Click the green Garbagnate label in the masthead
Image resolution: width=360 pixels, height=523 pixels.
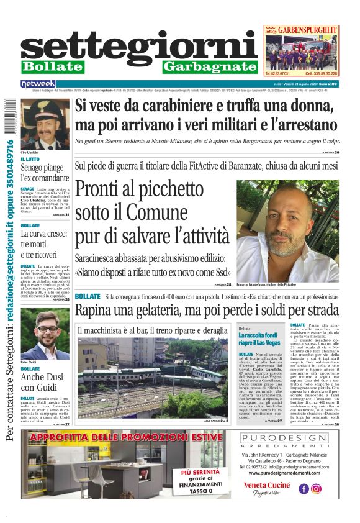click(x=210, y=66)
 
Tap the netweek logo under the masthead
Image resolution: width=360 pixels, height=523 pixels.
click(x=38, y=84)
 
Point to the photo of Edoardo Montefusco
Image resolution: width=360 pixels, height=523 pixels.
click(x=287, y=229)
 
